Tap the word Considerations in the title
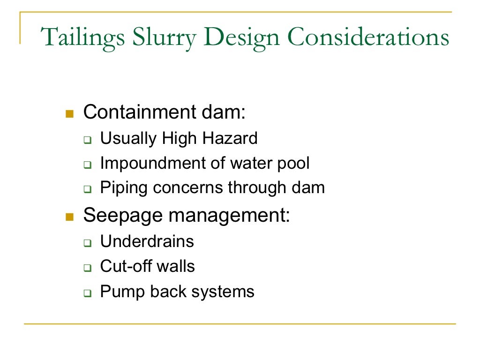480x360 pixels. pos(368,38)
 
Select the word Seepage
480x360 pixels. pos(122,216)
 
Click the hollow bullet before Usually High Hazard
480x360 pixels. pos(87,140)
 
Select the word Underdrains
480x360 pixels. pos(147,241)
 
